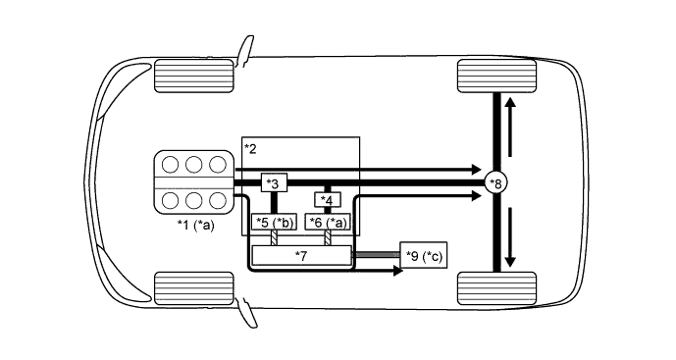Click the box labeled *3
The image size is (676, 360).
pyautogui.click(x=274, y=183)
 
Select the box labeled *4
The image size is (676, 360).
pyautogui.click(x=327, y=201)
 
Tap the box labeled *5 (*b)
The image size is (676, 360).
pyautogui.click(x=274, y=222)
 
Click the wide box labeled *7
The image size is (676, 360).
pyautogui.click(x=301, y=255)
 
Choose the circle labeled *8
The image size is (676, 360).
pyautogui.click(x=498, y=183)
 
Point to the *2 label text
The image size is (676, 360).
pyautogui.click(x=251, y=148)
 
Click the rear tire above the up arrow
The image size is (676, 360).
pyautogui.click(x=496, y=76)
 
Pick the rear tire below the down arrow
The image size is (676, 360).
pyautogui.click(x=496, y=287)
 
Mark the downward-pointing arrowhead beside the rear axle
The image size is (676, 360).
pyautogui.click(x=510, y=265)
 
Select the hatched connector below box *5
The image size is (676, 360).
pyautogui.click(x=276, y=237)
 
